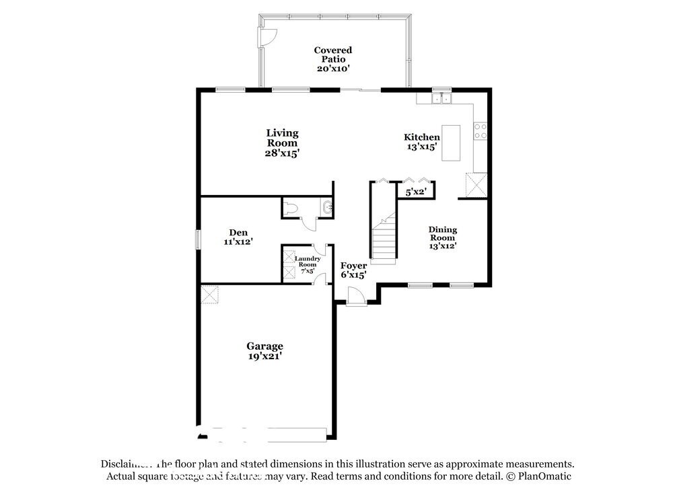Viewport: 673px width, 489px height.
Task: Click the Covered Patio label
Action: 333,59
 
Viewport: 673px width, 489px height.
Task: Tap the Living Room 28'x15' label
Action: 282,143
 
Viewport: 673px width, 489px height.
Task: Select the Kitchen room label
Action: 421,141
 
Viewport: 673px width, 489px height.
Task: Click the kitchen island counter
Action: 451,143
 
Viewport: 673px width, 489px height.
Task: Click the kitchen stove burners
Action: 481,130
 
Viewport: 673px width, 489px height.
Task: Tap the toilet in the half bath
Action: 290,209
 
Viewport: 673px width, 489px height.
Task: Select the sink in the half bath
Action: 327,208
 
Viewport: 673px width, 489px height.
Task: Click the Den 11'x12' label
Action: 238,237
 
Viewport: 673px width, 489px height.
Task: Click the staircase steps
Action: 384,239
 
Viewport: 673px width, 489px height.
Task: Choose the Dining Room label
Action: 442,237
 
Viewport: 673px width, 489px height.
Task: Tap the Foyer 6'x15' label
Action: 353,270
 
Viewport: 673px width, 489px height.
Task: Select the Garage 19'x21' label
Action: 264,351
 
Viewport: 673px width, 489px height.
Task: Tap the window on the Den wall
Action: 198,239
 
